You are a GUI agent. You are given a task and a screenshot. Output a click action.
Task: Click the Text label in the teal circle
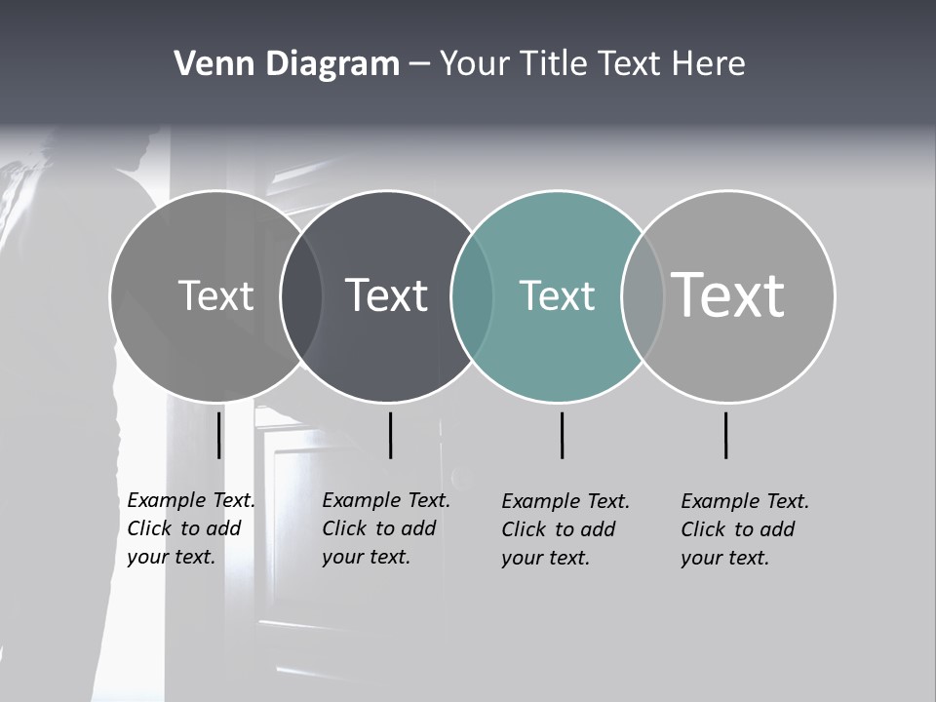click(x=557, y=295)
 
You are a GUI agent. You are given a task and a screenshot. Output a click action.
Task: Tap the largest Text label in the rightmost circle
click(x=728, y=294)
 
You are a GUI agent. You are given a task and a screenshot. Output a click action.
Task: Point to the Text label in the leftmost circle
click(x=215, y=295)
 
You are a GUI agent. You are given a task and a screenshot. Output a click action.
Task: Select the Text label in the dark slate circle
click(x=386, y=295)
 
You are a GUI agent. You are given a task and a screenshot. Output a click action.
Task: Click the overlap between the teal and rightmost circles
click(x=643, y=296)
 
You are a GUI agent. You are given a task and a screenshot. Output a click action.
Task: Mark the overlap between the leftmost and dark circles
click(x=301, y=296)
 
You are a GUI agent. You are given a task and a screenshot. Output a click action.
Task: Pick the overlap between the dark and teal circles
click(x=472, y=296)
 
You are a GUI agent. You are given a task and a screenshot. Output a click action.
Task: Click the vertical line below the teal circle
click(x=562, y=435)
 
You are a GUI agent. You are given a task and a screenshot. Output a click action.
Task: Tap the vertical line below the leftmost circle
click(x=219, y=435)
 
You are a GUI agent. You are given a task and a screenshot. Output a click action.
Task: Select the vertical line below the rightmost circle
click(x=725, y=435)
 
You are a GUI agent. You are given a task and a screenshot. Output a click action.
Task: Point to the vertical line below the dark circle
click(x=390, y=435)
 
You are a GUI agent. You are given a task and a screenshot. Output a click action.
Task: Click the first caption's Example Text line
click(x=191, y=500)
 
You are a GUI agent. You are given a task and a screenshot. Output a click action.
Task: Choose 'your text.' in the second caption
click(x=366, y=557)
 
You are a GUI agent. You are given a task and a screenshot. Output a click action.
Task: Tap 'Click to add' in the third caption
click(x=559, y=529)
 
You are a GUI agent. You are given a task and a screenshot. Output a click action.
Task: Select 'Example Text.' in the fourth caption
click(x=745, y=501)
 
